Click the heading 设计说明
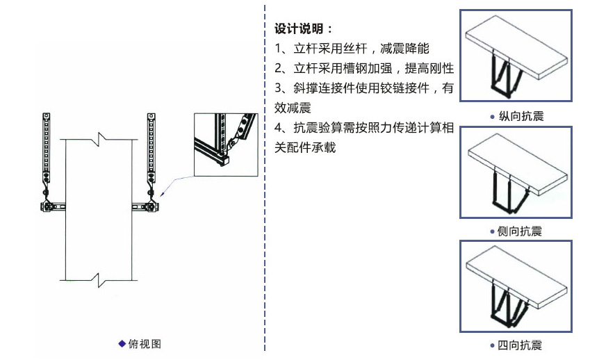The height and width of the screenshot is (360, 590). click(298, 28)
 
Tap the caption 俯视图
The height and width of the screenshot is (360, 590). click(145, 344)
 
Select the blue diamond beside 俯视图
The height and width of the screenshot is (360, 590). click(122, 343)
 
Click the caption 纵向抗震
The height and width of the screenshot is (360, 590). click(521, 116)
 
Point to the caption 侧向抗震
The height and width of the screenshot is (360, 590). click(520, 231)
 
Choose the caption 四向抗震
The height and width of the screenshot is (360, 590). click(520, 345)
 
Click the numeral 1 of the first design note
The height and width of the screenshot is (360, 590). click(278, 49)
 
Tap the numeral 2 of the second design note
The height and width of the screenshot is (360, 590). click(278, 69)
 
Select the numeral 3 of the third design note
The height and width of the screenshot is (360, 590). click(278, 88)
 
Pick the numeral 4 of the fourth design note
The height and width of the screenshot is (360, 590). click(278, 128)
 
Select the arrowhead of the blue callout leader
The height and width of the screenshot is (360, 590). click(162, 194)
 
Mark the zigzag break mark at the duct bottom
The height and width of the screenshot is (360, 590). click(99, 280)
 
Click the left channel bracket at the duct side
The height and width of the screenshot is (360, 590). click(53, 206)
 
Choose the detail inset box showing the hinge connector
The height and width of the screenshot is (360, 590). click(226, 145)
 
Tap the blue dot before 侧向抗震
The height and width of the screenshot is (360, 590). click(492, 231)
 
